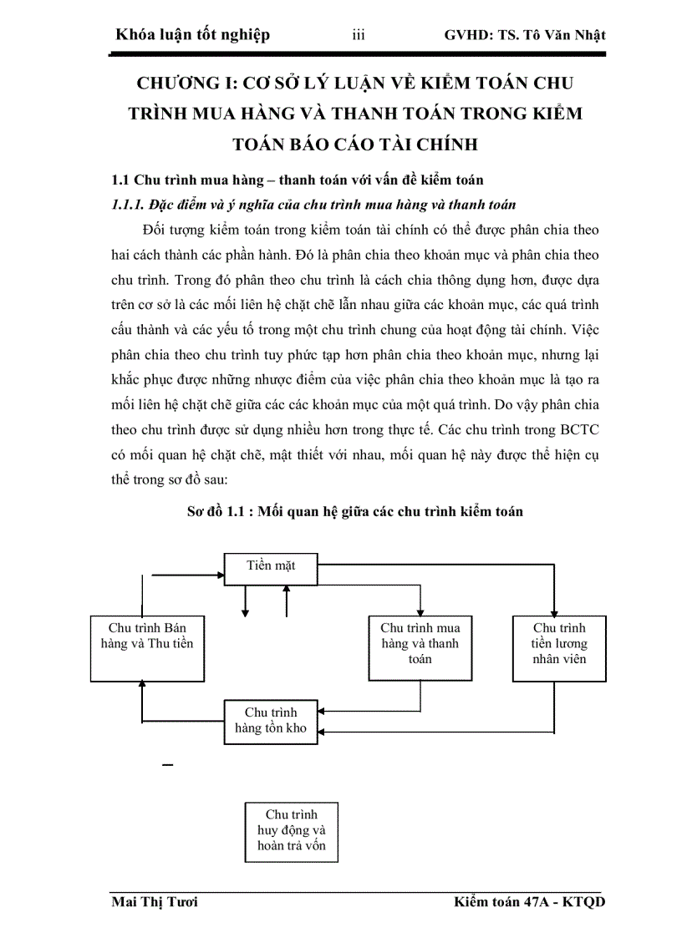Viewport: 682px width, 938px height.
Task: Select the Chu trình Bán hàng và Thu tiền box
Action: (x=142, y=648)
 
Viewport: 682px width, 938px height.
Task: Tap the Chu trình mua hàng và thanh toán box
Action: (x=420, y=648)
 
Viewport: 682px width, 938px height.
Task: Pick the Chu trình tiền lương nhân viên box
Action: (x=559, y=648)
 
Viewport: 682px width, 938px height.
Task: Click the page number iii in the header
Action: (x=359, y=35)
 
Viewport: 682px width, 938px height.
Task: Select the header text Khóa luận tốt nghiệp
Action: (x=194, y=35)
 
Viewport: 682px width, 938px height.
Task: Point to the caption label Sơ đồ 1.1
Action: (x=219, y=511)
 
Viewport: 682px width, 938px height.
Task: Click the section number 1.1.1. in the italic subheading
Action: (x=131, y=205)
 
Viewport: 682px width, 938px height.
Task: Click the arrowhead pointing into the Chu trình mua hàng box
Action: (x=420, y=611)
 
